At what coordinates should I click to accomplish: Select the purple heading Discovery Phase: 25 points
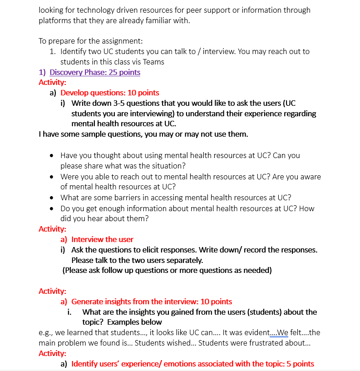pos(94,72)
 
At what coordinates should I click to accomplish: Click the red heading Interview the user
pos(102,239)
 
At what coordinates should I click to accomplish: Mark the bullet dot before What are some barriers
pos(53,198)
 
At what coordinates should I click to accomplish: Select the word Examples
pos(123,322)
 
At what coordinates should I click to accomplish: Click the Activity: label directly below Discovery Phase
pos(52,82)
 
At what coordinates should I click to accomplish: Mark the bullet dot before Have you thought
pos(53,156)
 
